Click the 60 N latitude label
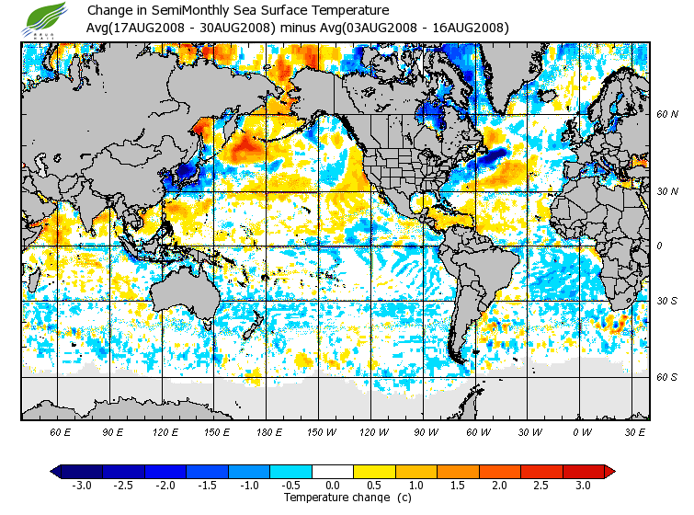coord(666,115)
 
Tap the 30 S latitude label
coord(666,301)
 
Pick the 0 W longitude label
coord(582,431)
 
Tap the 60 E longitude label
coord(61,431)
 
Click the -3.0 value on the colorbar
coord(82,485)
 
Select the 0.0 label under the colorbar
coord(333,485)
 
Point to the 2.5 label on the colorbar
coord(541,485)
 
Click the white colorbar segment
coord(333,471)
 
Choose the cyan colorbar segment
coord(291,471)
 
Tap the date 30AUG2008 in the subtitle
coord(241,27)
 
